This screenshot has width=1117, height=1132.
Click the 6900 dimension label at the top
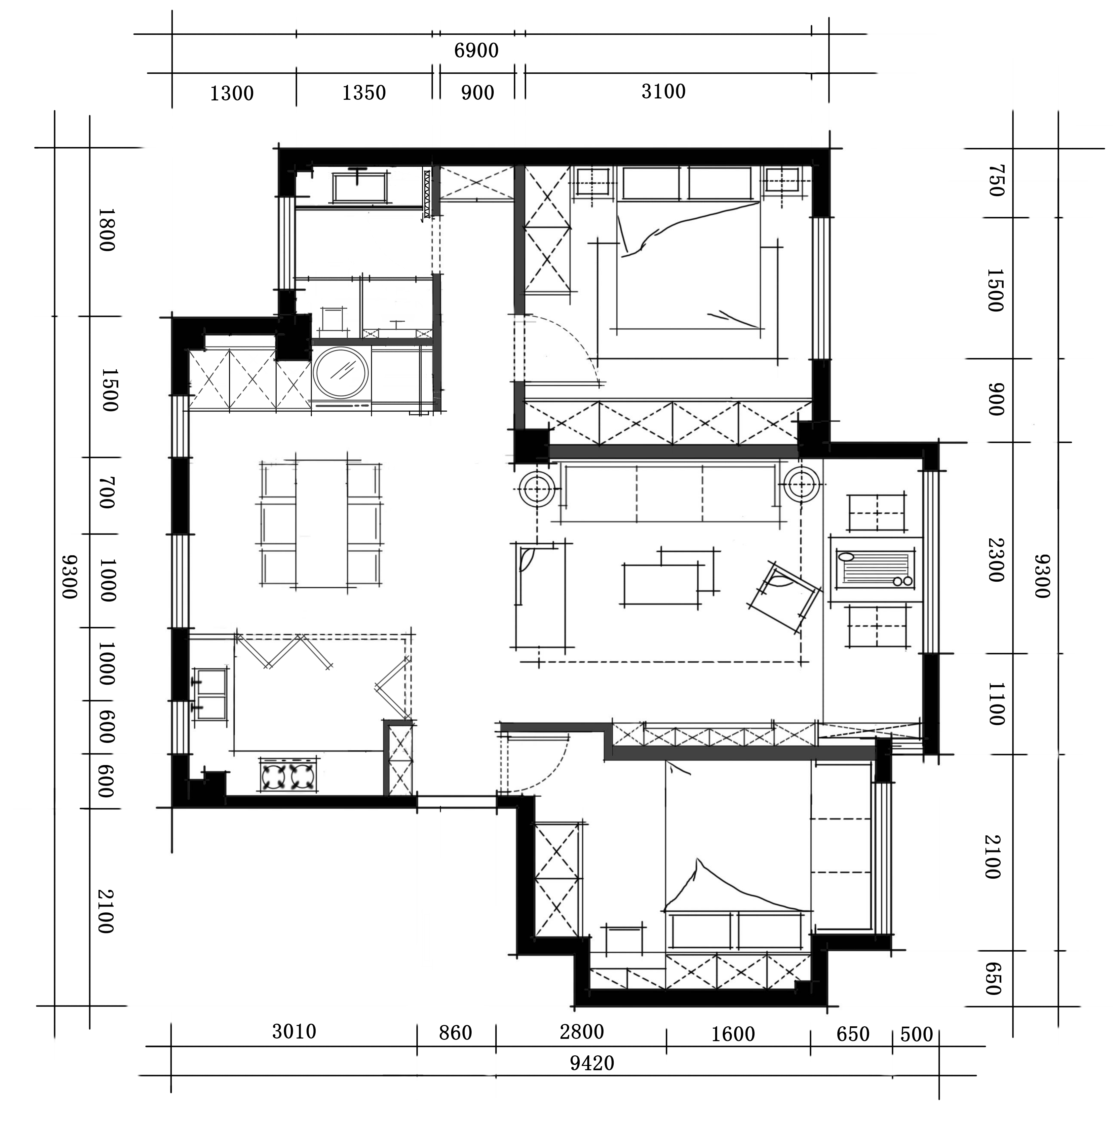476,51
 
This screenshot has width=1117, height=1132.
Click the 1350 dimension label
364,92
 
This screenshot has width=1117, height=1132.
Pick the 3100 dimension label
663,91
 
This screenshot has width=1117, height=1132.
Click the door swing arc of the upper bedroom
571,346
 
